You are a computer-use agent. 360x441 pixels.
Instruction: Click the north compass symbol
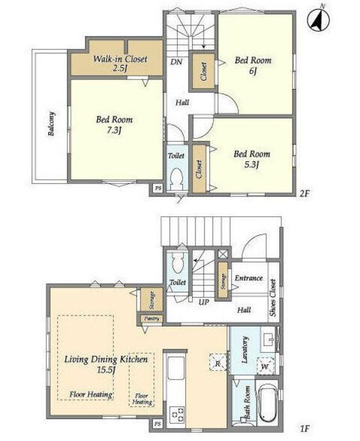319,19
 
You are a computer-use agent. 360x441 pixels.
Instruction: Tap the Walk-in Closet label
120,59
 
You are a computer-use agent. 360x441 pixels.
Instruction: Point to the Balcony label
51,124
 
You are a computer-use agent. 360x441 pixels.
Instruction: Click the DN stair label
176,61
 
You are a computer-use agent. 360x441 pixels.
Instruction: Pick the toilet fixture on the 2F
176,178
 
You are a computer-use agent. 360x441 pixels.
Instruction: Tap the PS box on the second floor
158,188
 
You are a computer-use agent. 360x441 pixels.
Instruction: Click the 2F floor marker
304,194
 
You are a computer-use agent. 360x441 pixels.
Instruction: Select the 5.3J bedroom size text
251,165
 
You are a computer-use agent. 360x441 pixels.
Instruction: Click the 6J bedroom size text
253,71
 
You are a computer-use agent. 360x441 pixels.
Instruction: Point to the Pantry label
151,318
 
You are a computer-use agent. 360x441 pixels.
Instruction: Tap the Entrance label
248,278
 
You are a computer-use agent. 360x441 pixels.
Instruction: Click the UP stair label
204,302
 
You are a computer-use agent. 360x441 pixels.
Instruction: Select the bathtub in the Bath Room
267,403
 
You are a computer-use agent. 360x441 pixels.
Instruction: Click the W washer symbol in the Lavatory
265,366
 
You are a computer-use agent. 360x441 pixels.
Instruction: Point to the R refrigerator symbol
218,362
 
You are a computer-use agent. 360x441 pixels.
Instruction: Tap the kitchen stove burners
177,415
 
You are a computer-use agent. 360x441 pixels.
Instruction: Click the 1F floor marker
304,429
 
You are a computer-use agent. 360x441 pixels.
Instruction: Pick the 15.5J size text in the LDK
106,369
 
